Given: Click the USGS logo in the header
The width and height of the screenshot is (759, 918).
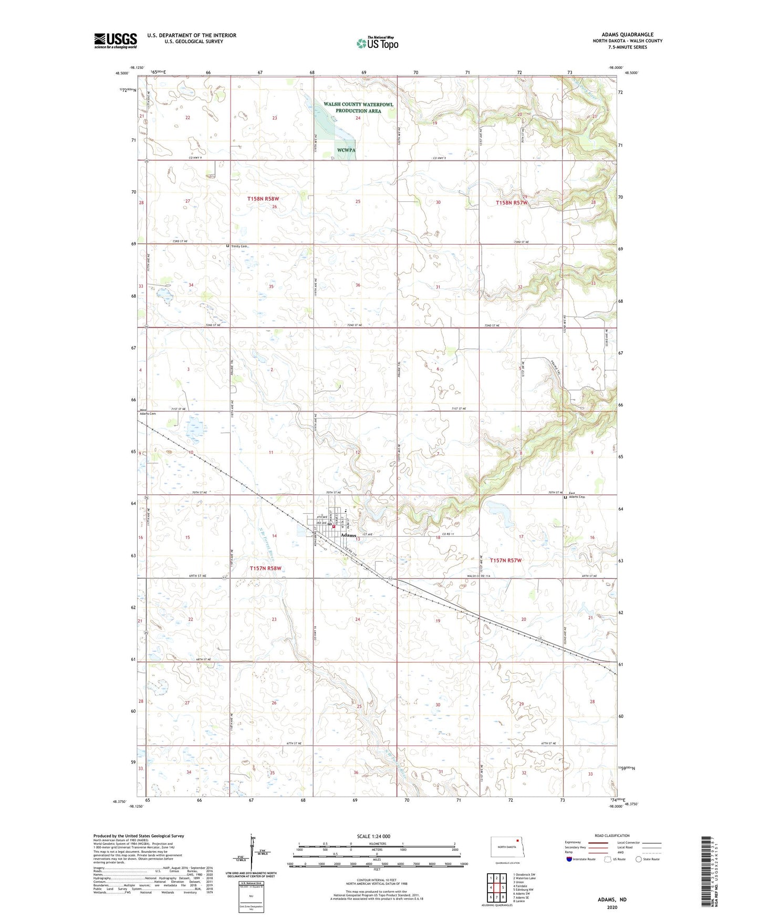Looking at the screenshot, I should [115, 40].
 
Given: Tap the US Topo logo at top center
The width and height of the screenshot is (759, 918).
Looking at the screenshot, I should [377, 43].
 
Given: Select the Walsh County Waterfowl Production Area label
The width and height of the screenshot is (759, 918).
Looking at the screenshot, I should [358, 108].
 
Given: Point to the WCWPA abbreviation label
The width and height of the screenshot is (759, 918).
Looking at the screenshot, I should [346, 150].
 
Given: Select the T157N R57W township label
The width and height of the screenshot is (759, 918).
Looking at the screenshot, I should [506, 560].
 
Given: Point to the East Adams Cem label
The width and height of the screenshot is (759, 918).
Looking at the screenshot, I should [576, 495].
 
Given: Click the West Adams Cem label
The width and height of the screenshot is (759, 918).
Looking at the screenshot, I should [148, 412].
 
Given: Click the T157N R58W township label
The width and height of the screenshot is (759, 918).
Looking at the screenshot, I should [265, 568].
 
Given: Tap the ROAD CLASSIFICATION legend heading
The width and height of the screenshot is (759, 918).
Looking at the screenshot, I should [612, 835].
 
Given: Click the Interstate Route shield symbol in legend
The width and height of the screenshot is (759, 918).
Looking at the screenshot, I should [570, 859].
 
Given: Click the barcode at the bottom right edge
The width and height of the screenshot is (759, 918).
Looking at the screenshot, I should [706, 871].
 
